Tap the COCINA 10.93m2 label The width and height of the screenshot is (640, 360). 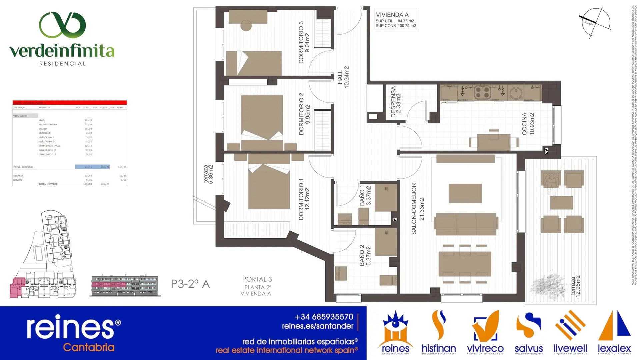[x=528, y=124]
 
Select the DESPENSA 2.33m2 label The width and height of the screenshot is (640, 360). [x=396, y=102]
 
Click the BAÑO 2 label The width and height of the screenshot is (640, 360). [x=365, y=256]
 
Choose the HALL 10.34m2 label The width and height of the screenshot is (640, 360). [x=343, y=77]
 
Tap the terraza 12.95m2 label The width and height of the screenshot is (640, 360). [x=575, y=286]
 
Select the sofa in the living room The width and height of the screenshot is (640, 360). [x=466, y=224]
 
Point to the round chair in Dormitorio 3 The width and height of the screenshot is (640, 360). [x=246, y=26]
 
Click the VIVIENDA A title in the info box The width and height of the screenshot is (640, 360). [x=392, y=15]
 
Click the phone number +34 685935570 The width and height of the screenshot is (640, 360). [x=324, y=317]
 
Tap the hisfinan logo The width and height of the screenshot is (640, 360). [x=439, y=332]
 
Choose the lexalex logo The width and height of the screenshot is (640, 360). [x=614, y=332]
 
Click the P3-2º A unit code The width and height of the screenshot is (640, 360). [x=190, y=284]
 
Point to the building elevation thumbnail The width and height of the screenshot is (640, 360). [x=125, y=286]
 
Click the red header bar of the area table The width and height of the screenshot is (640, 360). [x=70, y=103]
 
